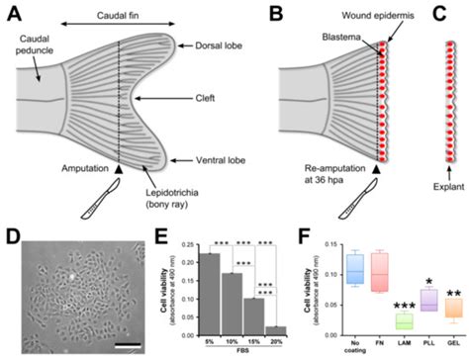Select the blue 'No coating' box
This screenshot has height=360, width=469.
[x=328, y=268]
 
